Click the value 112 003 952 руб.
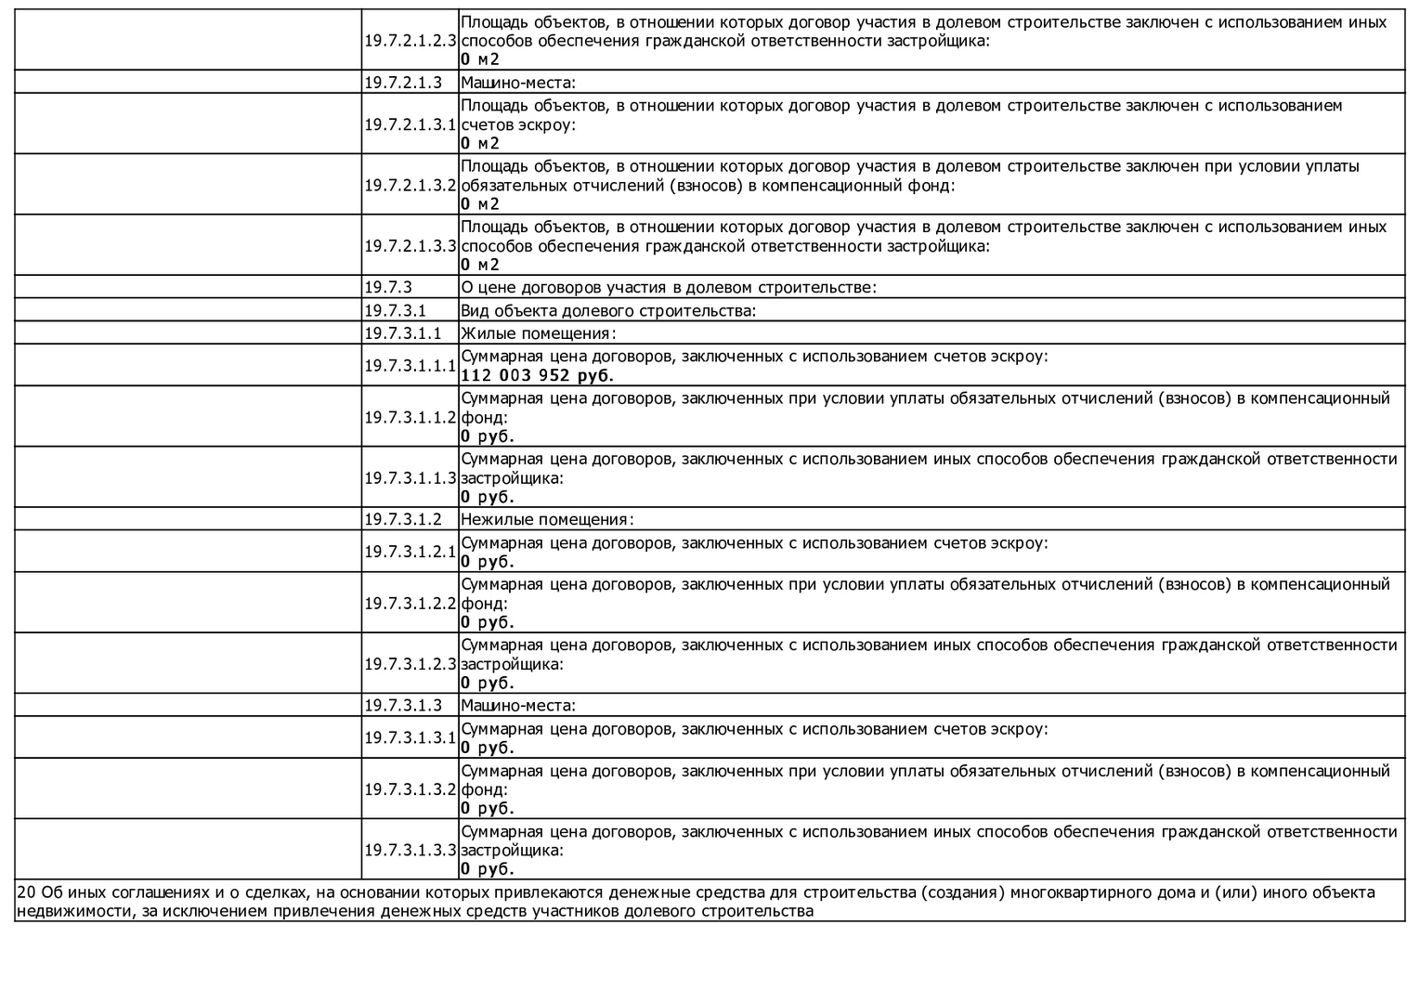537,376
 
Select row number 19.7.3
387,287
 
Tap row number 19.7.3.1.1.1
410,366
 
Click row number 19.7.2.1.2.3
410,41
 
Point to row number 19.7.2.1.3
402,82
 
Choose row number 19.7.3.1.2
402,519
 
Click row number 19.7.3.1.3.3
410,850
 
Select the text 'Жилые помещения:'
539,333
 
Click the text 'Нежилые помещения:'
547,519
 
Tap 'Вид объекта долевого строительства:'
608,310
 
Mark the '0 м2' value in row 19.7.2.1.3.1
479,143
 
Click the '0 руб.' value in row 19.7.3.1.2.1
487,562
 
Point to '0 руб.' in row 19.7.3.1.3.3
487,869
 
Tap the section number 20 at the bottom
26,892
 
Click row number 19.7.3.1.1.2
410,417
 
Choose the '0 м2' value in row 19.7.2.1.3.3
479,265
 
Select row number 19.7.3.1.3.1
410,737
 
